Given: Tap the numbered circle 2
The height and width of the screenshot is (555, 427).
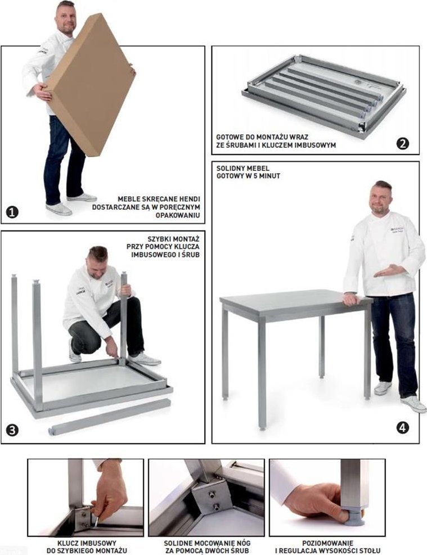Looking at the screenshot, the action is (x=403, y=143).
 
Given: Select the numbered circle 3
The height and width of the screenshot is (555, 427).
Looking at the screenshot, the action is (x=12, y=430).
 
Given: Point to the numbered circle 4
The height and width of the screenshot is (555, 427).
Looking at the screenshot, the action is (x=403, y=427).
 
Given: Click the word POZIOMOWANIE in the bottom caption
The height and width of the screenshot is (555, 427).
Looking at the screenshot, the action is (x=327, y=543).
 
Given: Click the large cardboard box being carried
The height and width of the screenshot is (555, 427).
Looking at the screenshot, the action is (x=90, y=84).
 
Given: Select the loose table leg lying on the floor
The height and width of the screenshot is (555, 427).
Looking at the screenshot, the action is (x=109, y=417).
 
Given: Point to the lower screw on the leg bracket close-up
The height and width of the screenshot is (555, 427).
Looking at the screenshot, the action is (x=215, y=507).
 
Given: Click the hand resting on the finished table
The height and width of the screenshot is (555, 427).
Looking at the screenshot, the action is (x=350, y=300).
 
